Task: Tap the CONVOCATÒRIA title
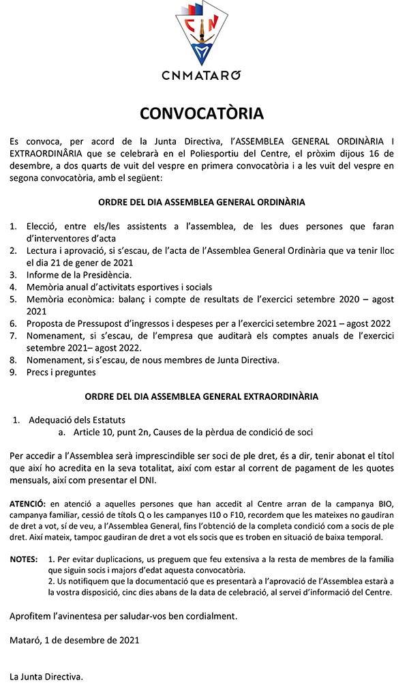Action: click(202, 113)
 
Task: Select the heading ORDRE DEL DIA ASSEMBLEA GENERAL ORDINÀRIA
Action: click(202, 203)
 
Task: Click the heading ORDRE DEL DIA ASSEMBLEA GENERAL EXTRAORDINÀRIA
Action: click(202, 396)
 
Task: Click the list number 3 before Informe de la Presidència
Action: click(14, 274)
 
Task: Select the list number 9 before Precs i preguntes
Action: click(14, 373)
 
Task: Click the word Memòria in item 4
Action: click(46, 287)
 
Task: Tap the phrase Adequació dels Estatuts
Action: click(77, 420)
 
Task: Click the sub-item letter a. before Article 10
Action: click(61, 432)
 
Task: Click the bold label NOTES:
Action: click(24, 559)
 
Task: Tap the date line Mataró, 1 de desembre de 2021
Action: click(74, 641)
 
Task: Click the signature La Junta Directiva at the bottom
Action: click(46, 677)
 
